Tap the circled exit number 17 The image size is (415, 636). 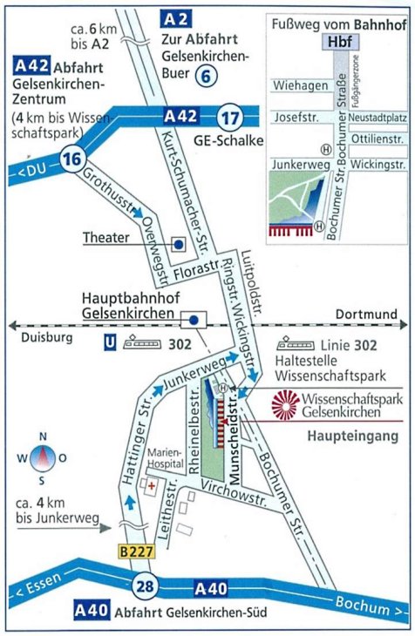coord(229,118)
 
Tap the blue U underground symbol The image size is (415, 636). coord(108,345)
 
